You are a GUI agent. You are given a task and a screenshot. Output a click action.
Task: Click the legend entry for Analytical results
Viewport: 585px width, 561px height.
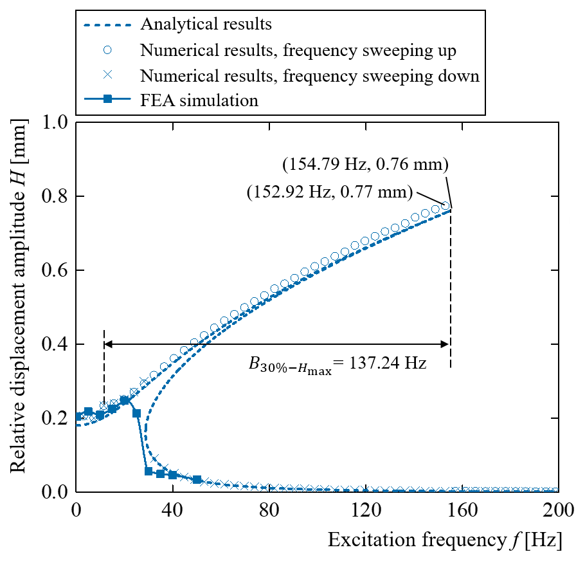(206, 25)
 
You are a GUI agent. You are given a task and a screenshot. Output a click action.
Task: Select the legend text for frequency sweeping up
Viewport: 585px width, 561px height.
(309, 50)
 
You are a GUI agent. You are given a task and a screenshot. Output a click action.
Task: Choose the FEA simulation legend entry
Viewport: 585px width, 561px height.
(199, 100)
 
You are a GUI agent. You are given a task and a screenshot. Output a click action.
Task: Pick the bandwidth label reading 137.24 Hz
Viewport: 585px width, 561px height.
(337, 364)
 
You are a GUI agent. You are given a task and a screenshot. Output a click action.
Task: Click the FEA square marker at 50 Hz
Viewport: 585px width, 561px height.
(197, 480)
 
